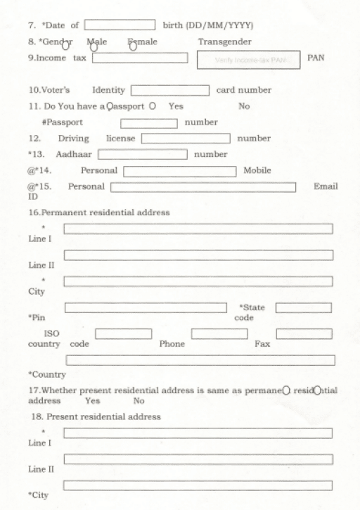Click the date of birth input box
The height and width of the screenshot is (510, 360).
(x=120, y=25)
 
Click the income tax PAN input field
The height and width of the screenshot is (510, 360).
(x=139, y=58)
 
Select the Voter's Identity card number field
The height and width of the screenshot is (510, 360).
(x=170, y=90)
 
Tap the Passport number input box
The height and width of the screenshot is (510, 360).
(x=149, y=123)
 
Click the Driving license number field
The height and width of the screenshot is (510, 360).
(x=186, y=139)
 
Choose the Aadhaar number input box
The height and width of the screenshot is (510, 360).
(x=143, y=154)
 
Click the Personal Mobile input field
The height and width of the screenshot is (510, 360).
(x=180, y=171)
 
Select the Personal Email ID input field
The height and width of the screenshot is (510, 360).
(x=203, y=187)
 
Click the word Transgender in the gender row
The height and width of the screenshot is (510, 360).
(x=224, y=42)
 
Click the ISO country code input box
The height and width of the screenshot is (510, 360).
(x=124, y=333)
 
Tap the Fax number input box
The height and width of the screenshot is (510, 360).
(x=304, y=333)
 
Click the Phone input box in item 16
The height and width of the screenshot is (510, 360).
(x=219, y=333)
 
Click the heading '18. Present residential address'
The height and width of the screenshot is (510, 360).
(x=96, y=416)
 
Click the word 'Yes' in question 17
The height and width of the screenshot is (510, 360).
(x=92, y=401)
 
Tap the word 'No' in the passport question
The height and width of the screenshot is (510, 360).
(x=244, y=107)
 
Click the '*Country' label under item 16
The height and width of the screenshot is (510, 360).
(x=47, y=374)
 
